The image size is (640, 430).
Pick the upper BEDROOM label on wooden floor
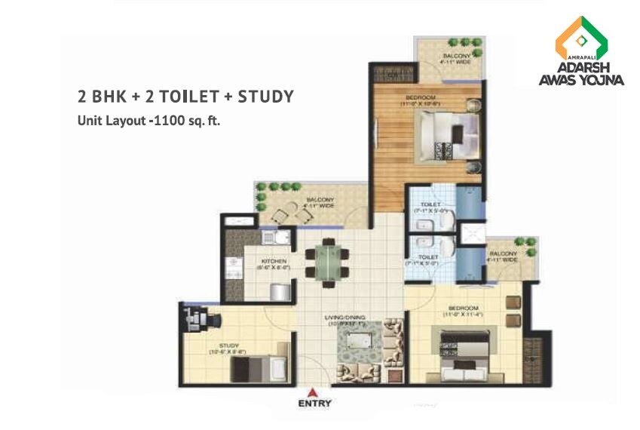426,97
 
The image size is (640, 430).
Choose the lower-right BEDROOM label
461,308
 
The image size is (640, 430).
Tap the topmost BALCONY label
457,56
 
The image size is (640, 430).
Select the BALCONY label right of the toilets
504,253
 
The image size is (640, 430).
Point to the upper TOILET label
430,204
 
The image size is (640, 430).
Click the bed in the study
256,370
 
